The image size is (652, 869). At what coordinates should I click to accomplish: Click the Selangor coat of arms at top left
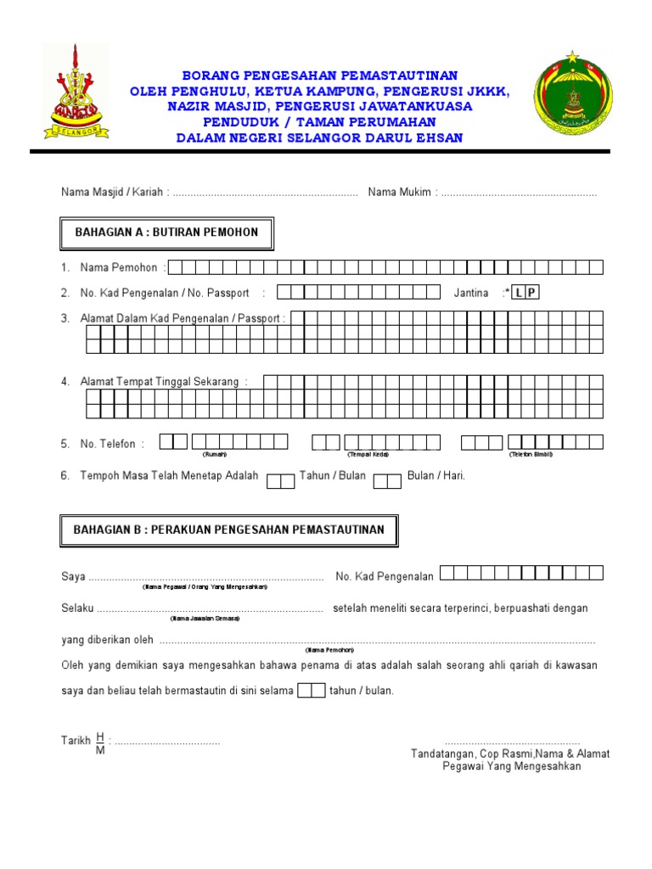(76, 91)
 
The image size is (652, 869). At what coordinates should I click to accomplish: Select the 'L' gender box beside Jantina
(518, 293)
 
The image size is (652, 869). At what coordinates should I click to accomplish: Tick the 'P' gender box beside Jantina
(532, 293)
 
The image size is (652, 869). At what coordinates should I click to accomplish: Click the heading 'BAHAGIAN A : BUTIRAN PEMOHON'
(166, 232)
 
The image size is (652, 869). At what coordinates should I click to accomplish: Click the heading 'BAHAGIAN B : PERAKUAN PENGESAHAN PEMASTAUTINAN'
(229, 530)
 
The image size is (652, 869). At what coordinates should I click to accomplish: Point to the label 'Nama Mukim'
(401, 193)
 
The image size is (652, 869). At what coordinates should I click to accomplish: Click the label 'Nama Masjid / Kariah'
(112, 193)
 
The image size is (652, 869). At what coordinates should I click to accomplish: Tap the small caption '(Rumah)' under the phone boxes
(214, 455)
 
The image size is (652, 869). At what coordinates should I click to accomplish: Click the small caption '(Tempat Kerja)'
(368, 455)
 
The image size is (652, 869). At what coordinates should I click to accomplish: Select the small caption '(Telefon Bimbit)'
(531, 455)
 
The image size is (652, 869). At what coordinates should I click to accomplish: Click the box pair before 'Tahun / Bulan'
(280, 481)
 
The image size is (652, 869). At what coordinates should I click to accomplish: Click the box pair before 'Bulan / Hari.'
(387, 481)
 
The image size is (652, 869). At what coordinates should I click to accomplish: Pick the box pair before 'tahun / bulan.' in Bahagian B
(312, 690)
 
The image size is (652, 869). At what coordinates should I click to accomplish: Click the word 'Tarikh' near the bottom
(76, 741)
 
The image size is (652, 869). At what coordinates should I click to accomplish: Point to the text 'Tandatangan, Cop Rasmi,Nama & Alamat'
(510, 754)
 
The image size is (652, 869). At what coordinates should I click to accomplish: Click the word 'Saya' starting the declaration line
(73, 577)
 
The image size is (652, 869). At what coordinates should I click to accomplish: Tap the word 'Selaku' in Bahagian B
(77, 608)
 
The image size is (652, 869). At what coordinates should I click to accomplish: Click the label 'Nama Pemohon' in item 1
(119, 267)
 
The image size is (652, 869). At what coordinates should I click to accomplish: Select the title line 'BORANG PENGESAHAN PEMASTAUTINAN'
(320, 76)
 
